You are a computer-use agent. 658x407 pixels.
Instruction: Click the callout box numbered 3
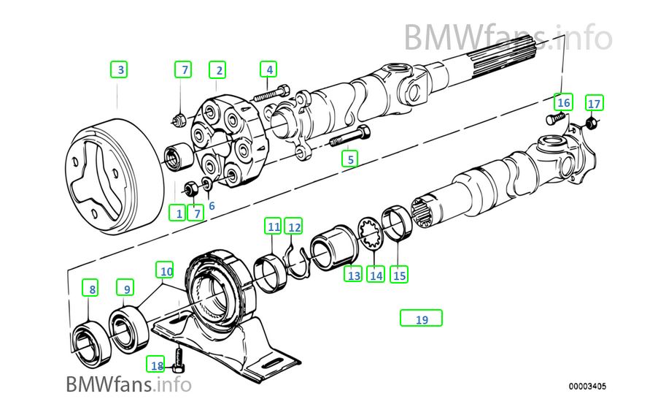tap(121, 70)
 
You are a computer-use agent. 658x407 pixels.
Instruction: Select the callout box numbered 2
tap(217, 70)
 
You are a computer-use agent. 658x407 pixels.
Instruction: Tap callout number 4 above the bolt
tap(269, 70)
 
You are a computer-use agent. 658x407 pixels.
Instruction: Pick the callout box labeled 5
tap(350, 158)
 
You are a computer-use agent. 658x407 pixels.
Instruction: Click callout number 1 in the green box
tap(177, 213)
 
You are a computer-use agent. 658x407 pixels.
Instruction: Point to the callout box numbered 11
tap(273, 227)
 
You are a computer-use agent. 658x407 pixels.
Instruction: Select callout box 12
tap(293, 227)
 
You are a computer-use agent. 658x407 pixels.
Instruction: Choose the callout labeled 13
tap(354, 275)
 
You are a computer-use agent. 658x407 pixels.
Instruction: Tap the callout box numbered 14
tap(376, 275)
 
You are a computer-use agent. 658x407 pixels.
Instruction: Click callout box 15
tap(398, 275)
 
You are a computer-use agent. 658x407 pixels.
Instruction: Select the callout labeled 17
tap(594, 102)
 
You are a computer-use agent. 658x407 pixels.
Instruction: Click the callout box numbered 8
tap(91, 289)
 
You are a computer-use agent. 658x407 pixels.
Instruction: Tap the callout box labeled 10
tap(166, 271)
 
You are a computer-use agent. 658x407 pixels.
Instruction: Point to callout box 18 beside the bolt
tap(157, 365)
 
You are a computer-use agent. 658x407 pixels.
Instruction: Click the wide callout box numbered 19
tap(421, 319)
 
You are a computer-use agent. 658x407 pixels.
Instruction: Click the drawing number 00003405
tap(588, 386)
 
